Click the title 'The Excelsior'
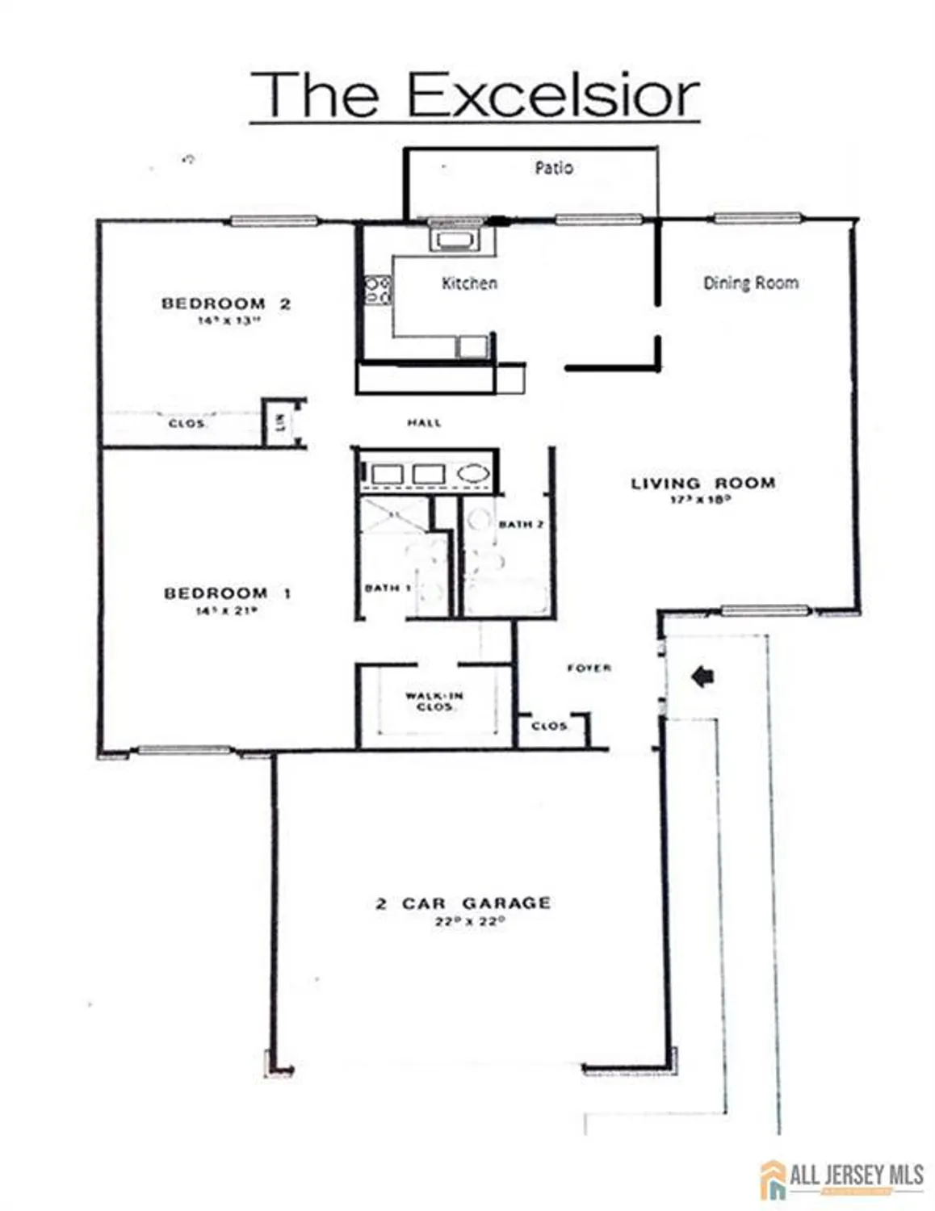click(x=474, y=95)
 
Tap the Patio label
click(x=554, y=168)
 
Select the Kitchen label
click(x=469, y=283)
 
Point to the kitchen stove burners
click(x=377, y=289)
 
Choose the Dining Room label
click(x=750, y=283)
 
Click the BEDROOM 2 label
click(x=225, y=304)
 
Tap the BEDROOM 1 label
click(x=227, y=593)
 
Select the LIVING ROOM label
click(x=702, y=484)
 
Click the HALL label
click(x=424, y=422)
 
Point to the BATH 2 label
click(x=521, y=525)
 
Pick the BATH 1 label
click(x=388, y=588)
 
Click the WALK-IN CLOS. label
click(x=434, y=701)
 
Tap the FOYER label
click(x=589, y=668)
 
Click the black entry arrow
click(x=703, y=677)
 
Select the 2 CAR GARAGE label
click(x=463, y=903)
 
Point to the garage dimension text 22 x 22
click(x=469, y=921)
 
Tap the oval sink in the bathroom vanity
click(x=472, y=474)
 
